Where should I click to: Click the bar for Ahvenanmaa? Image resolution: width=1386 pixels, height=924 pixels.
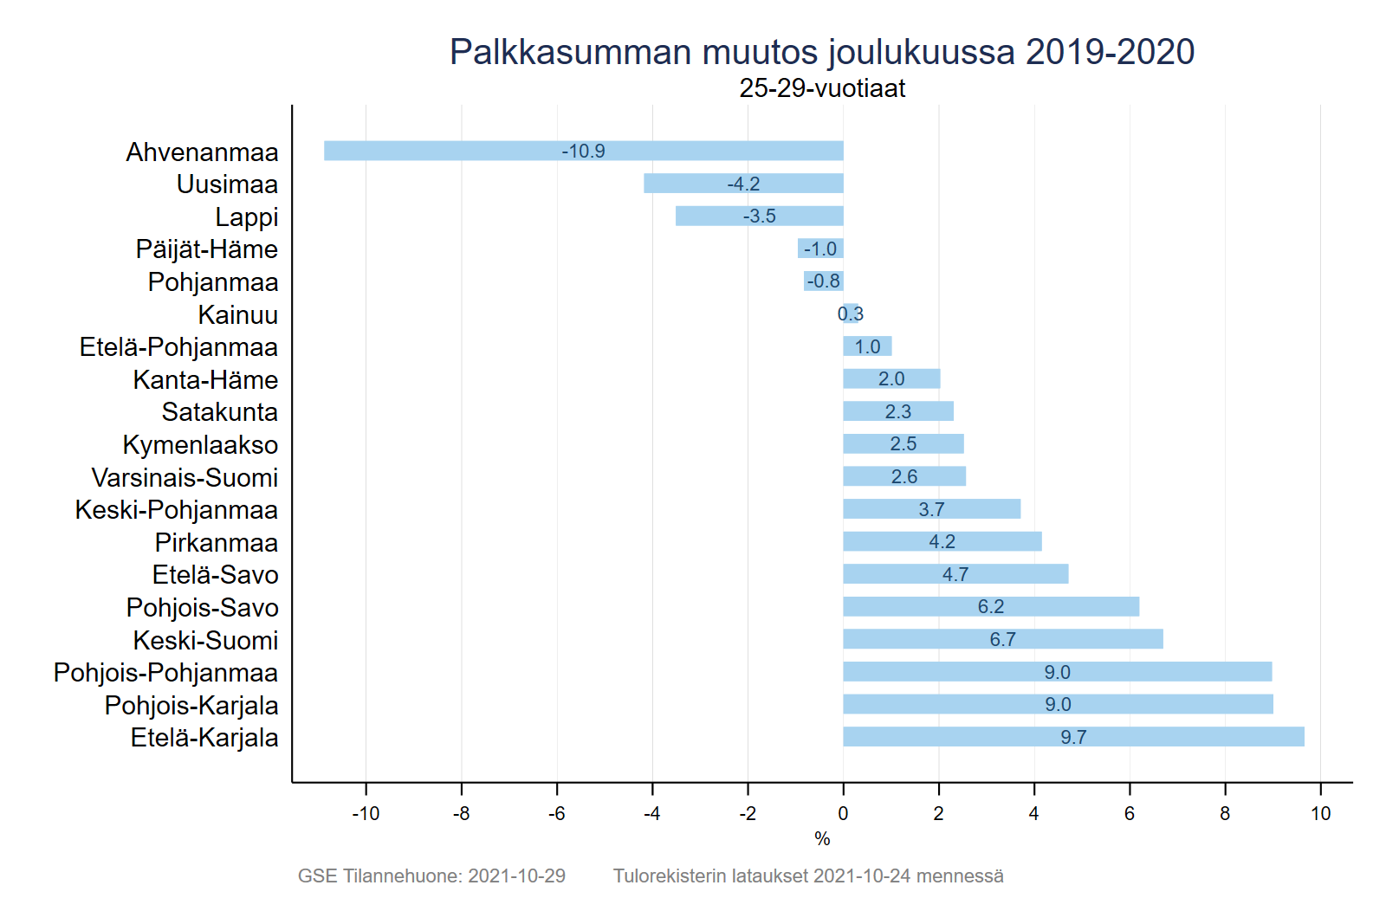click(x=450, y=151)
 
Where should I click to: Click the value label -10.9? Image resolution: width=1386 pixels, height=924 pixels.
click(x=583, y=151)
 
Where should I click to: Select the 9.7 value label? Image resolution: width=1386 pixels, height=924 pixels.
click(x=1073, y=737)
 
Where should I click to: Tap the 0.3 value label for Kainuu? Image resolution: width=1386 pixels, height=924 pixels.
click(x=850, y=313)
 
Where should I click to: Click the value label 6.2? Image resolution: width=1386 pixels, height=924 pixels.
click(x=991, y=606)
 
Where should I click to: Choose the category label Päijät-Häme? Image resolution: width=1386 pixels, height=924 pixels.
click(x=207, y=249)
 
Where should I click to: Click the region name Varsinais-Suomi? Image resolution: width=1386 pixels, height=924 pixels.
click(x=185, y=477)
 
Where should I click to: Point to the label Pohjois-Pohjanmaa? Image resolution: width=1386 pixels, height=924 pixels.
click(x=165, y=673)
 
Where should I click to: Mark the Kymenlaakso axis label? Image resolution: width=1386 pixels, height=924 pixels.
click(x=200, y=445)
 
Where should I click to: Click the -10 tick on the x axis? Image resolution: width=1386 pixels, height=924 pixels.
click(x=366, y=813)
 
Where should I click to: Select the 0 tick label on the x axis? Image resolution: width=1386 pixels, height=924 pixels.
click(x=843, y=813)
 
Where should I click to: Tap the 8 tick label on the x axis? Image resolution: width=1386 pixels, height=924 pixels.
click(x=1225, y=813)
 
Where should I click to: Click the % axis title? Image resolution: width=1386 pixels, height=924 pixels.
click(x=822, y=838)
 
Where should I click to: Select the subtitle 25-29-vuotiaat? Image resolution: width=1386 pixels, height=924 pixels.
click(x=822, y=88)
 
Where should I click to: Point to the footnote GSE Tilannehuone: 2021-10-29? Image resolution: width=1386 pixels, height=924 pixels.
click(x=431, y=876)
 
